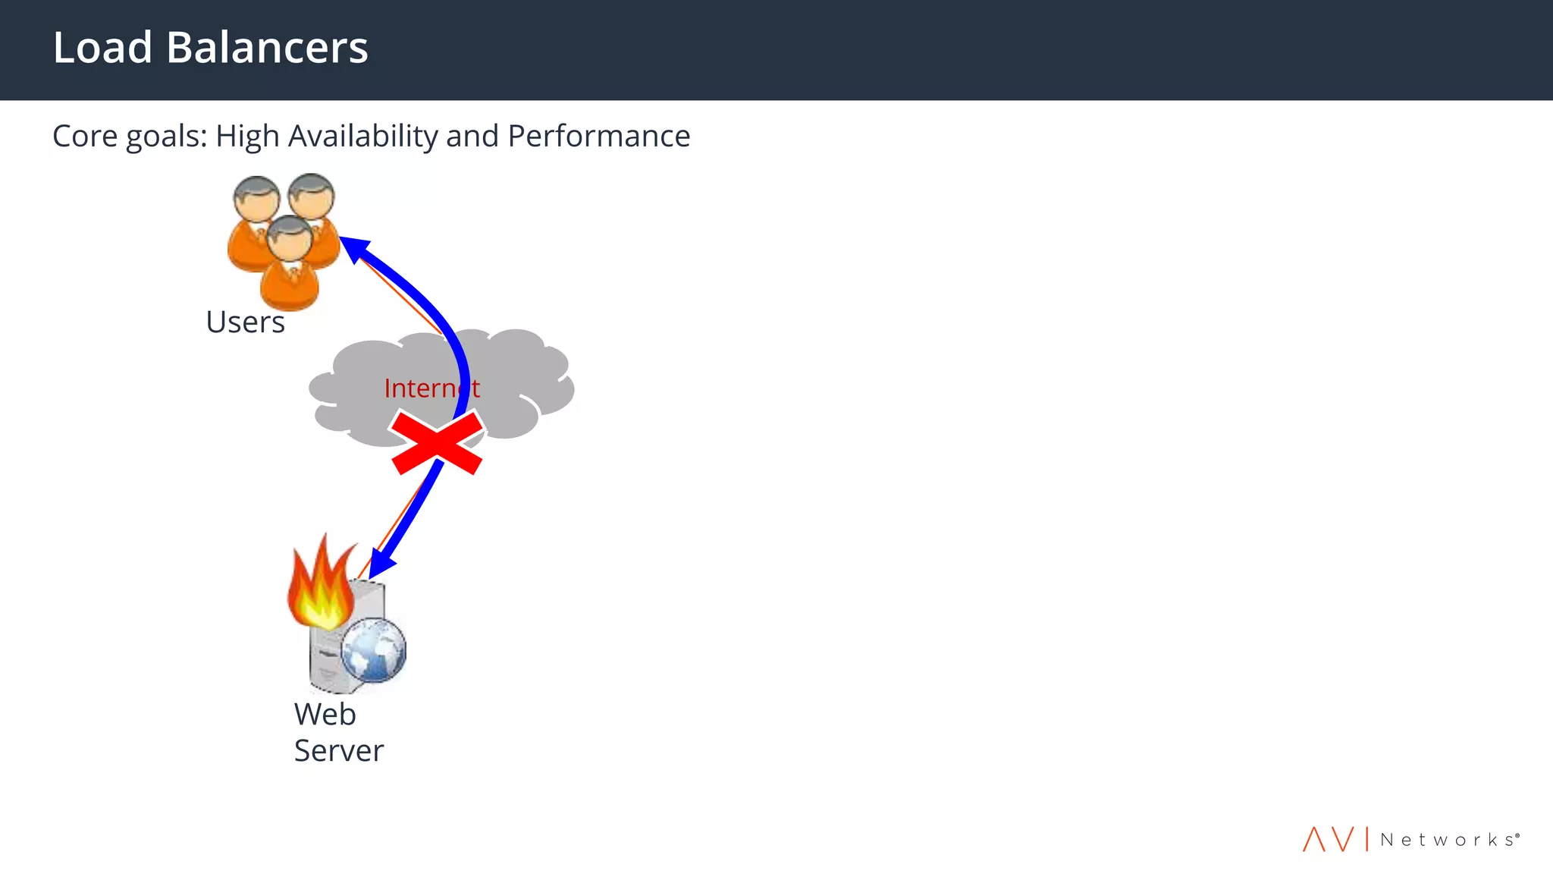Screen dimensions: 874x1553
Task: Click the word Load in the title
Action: (102, 47)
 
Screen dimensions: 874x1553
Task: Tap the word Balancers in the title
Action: (267, 47)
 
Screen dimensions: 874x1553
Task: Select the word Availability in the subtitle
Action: (362, 137)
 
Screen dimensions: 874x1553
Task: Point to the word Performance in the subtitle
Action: (599, 137)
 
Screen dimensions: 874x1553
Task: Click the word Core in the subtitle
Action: (85, 137)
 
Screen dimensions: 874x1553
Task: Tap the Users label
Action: (245, 322)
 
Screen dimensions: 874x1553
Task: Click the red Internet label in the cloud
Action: (431, 388)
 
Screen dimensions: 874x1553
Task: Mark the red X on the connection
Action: (438, 443)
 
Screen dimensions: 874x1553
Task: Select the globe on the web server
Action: (373, 649)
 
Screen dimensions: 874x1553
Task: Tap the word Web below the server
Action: (325, 715)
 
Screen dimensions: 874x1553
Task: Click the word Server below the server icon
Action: (339, 751)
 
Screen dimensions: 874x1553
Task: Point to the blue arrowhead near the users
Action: (353, 248)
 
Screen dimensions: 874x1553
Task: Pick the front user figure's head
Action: (289, 237)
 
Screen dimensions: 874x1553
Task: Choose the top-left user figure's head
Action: (256, 197)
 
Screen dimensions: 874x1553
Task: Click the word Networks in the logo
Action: (1448, 840)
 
